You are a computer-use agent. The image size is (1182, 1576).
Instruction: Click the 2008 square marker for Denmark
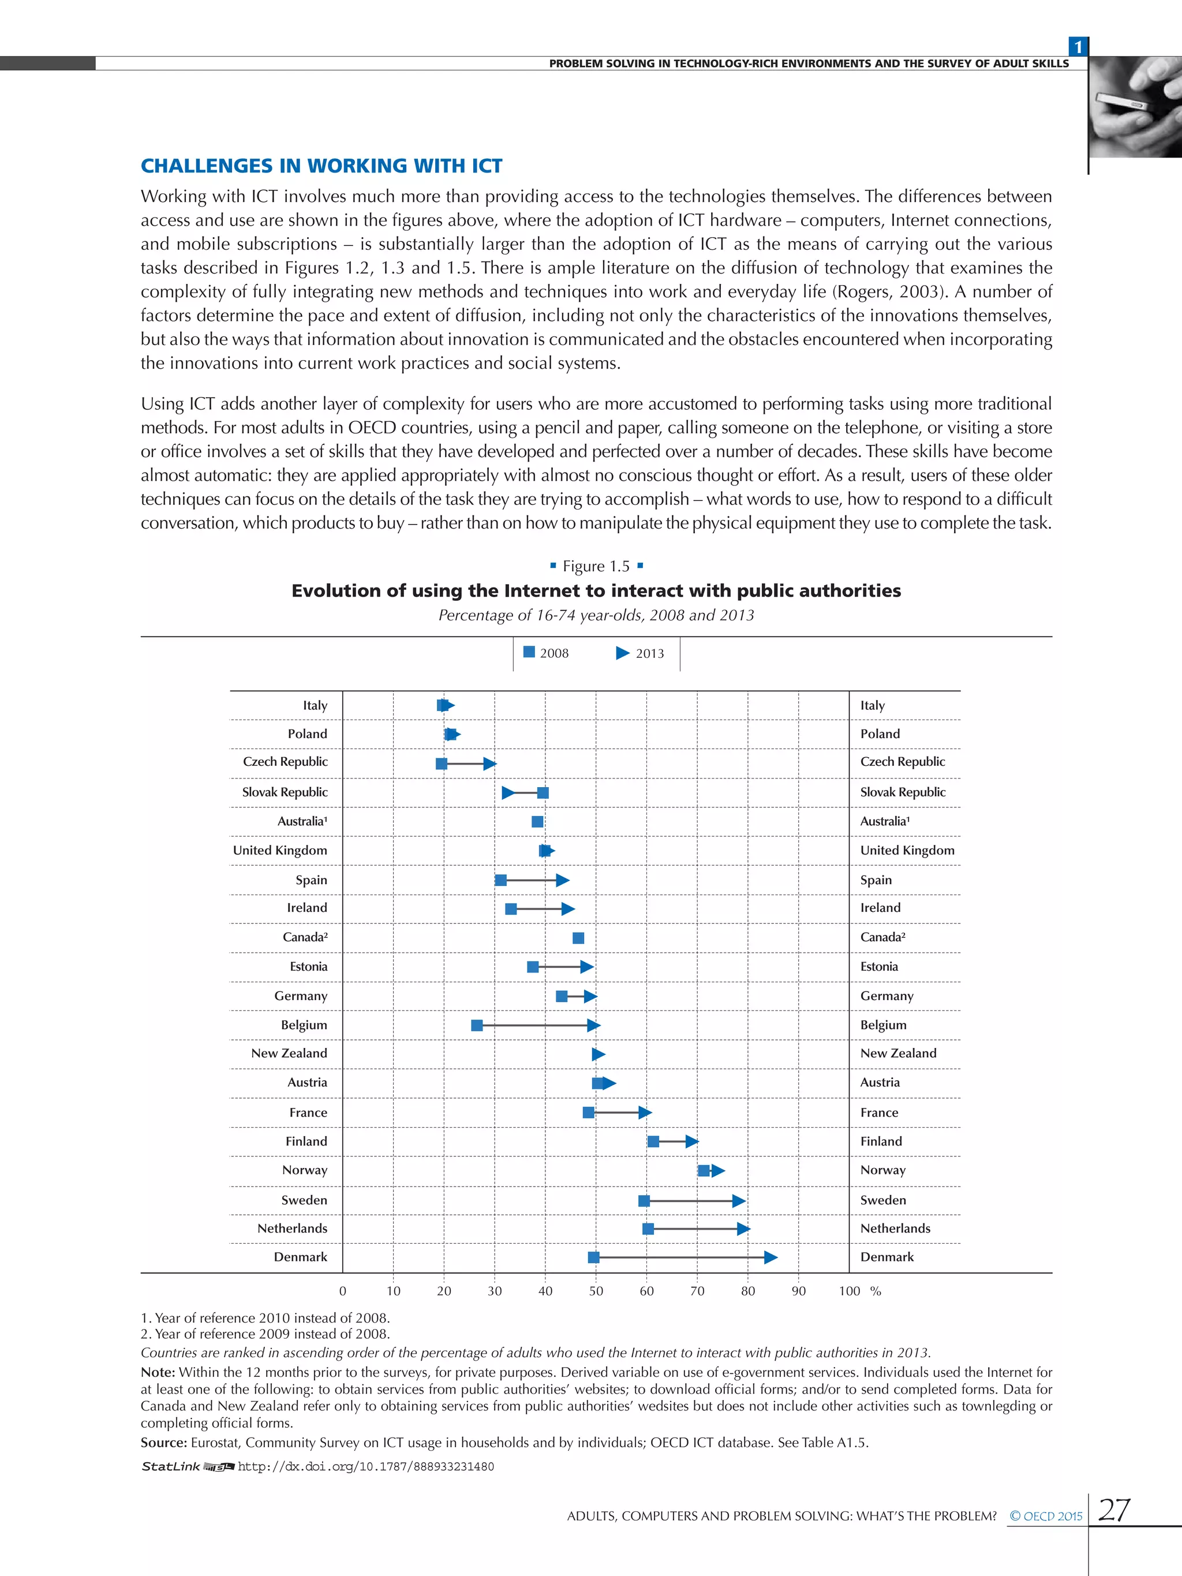pyautogui.click(x=593, y=1257)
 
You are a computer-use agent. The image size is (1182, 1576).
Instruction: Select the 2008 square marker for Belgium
pyautogui.click(x=477, y=1025)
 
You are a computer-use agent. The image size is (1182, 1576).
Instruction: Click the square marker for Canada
pyautogui.click(x=578, y=938)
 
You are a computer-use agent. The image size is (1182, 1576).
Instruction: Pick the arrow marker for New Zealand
pyautogui.click(x=599, y=1054)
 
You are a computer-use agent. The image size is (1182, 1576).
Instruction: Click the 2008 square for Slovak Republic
pyautogui.click(x=543, y=793)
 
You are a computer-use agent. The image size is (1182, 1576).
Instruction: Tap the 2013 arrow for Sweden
pyautogui.click(x=739, y=1200)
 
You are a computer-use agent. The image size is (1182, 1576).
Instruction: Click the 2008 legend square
pyautogui.click(x=529, y=652)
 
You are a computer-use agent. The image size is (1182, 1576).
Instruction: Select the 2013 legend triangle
pyautogui.click(x=622, y=653)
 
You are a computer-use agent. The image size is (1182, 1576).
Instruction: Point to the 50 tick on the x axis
pyautogui.click(x=596, y=1291)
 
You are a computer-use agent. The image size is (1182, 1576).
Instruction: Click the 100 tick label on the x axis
pyautogui.click(x=848, y=1291)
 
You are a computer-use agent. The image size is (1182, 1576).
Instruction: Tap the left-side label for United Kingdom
pyautogui.click(x=280, y=850)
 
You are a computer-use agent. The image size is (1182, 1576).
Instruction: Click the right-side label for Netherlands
pyautogui.click(x=895, y=1229)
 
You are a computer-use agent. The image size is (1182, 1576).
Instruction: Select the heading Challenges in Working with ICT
pyautogui.click(x=321, y=166)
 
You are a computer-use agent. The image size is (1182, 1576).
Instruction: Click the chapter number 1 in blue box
pyautogui.click(x=1078, y=47)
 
